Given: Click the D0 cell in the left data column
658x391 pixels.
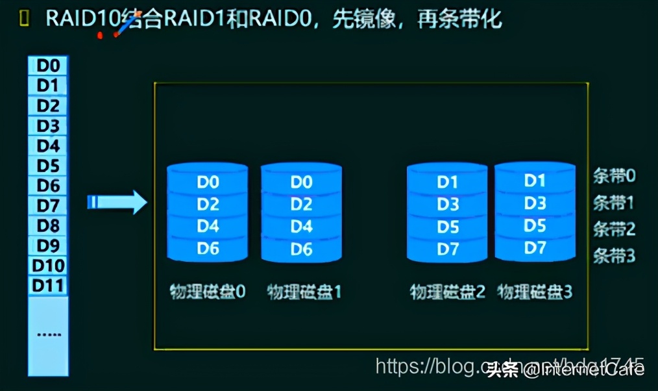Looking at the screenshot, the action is [48, 65].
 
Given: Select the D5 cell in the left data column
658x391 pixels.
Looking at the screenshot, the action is [48, 165].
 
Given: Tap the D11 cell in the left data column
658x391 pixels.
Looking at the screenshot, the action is [48, 285].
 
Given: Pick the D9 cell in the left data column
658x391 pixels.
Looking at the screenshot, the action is [48, 246].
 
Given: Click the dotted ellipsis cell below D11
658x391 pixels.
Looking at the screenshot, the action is [48, 334].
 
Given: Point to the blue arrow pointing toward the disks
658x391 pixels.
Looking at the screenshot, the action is [117, 202].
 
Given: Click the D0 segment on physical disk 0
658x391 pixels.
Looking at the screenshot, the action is [208, 182].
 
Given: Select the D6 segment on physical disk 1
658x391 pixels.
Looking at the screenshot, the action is [301, 249].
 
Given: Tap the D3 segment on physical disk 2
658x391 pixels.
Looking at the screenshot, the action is [447, 205].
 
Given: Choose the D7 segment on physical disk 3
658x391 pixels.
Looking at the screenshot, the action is [535, 247].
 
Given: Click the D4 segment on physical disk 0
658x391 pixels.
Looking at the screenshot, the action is [208, 227].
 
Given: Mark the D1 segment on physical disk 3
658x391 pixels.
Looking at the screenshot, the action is [535, 181].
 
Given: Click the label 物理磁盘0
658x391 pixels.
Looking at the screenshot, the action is [208, 291].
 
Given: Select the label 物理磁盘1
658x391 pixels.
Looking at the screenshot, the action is [304, 292].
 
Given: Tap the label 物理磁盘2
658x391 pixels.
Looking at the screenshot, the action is [447, 292].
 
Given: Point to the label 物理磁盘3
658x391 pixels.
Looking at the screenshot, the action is [535, 292].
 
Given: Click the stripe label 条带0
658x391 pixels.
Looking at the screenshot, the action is [613, 175].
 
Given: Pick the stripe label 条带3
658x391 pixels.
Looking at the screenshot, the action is [613, 256].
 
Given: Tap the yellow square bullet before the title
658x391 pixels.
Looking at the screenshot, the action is [25, 18].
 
